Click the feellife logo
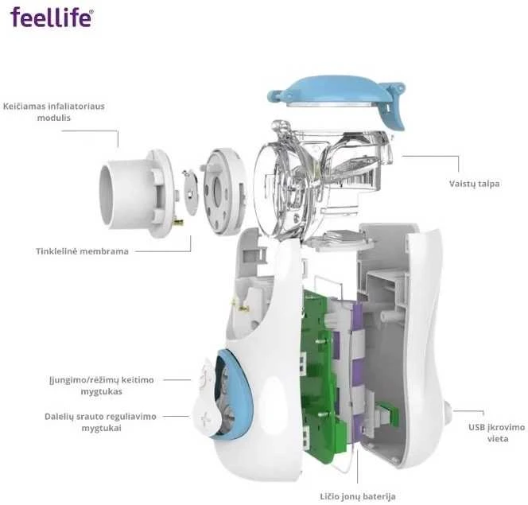[x=52, y=17]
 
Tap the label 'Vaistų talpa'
[x=474, y=184]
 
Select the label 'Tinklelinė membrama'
[x=82, y=251]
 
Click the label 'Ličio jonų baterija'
[x=358, y=496]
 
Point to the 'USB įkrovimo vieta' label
[x=497, y=433]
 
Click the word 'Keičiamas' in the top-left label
[x=25, y=107]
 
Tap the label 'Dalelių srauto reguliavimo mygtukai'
[x=101, y=422]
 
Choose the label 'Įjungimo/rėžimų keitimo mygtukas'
[x=101, y=386]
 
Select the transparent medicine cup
[x=324, y=182]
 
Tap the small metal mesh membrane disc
[x=191, y=192]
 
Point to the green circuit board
[x=320, y=374]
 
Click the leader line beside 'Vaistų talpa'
[x=431, y=156]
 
